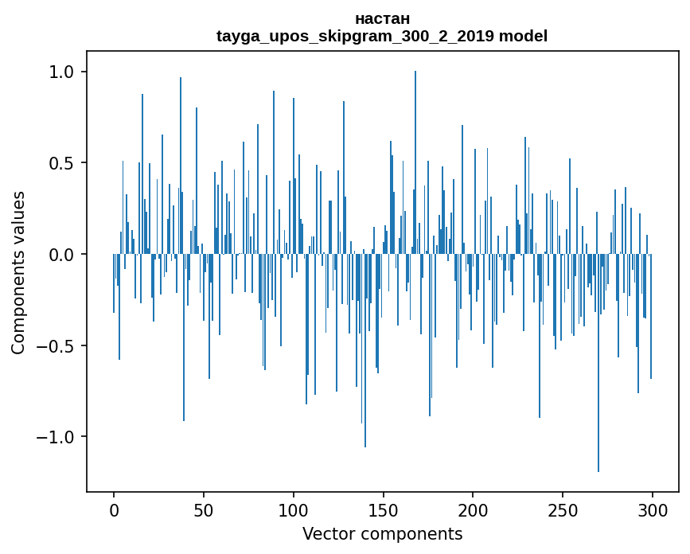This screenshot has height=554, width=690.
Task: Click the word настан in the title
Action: click(382, 18)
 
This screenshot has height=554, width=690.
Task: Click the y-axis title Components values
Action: click(18, 272)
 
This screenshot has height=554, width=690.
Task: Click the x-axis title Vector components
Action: click(382, 533)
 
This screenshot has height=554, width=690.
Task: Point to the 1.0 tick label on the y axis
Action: click(60, 72)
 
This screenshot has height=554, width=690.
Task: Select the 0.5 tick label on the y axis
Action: click(60, 163)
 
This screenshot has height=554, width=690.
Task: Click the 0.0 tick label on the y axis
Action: click(60, 255)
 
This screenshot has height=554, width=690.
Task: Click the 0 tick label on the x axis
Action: click(114, 510)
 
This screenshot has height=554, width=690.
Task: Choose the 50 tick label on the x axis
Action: click(204, 510)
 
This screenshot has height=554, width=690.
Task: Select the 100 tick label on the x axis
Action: click(294, 510)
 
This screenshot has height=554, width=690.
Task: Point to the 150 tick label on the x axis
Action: click(384, 510)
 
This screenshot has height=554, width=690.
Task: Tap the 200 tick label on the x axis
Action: click(474, 510)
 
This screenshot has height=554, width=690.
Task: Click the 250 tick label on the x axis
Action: click(563, 510)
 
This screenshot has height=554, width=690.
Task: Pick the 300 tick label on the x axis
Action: click(653, 510)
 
